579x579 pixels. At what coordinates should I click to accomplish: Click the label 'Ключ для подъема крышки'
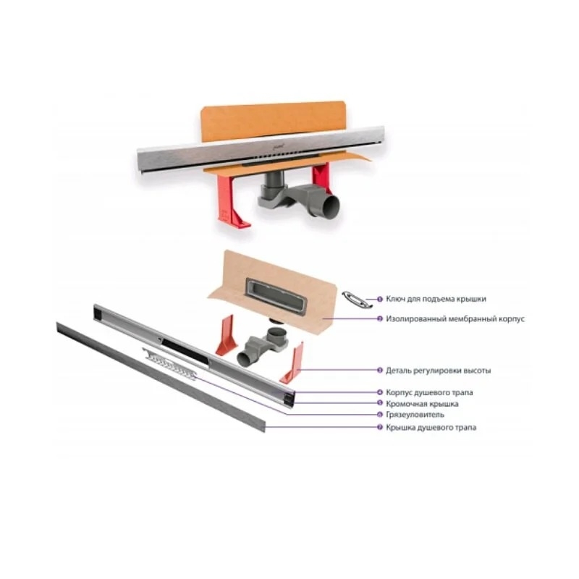[436, 299]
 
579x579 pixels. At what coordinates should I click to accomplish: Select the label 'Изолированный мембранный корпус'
[455, 318]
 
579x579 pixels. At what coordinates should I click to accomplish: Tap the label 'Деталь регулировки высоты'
[439, 371]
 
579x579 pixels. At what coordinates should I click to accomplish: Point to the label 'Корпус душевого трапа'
[429, 392]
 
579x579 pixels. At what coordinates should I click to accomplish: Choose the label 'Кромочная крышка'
[422, 404]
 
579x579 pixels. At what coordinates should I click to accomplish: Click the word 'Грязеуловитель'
[415, 415]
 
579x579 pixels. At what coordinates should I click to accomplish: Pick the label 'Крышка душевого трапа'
[431, 427]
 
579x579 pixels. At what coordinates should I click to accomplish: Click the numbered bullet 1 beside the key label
[379, 300]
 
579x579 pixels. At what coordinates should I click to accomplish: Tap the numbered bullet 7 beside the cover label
[379, 427]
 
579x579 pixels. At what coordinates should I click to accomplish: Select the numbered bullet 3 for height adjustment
[379, 370]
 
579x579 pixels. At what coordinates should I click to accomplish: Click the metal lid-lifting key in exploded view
[357, 299]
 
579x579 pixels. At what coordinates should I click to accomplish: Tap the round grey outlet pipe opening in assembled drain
[331, 206]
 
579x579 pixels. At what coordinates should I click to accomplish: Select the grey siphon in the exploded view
[265, 345]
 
